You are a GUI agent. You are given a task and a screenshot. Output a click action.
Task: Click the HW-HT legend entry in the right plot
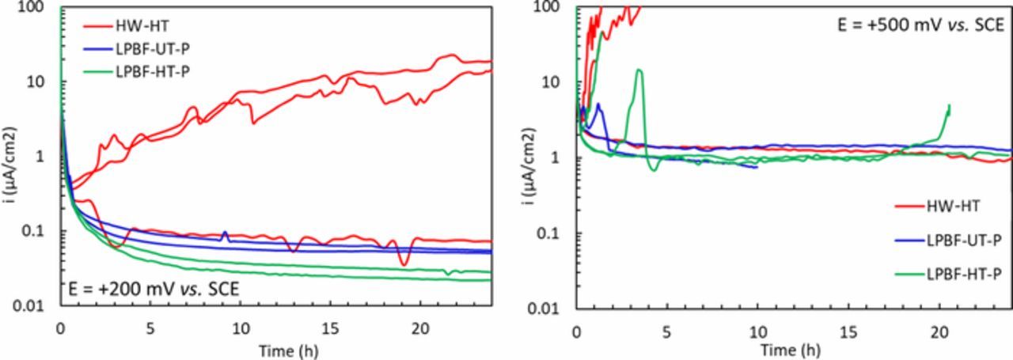[x=954, y=206]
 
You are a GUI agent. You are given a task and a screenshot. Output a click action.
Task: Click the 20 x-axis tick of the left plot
[x=421, y=328]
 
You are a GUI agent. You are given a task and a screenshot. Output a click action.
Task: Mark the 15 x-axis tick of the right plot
[x=848, y=328]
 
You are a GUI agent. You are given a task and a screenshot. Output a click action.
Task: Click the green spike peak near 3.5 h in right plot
[x=639, y=70]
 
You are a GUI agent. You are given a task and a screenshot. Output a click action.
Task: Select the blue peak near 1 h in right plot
[x=598, y=104]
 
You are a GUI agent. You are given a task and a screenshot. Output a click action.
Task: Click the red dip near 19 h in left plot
[x=404, y=264]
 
